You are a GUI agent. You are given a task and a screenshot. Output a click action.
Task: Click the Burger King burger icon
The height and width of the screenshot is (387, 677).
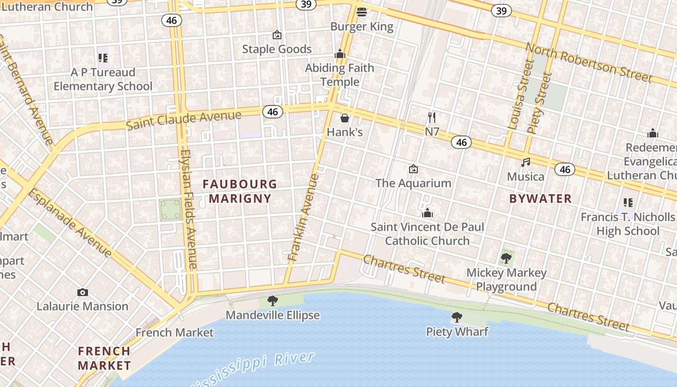coord(362,12)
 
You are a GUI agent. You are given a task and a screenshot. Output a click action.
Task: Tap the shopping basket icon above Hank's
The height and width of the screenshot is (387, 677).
coord(345,118)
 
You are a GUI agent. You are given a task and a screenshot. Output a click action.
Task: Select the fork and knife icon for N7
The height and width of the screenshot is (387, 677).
coord(432,117)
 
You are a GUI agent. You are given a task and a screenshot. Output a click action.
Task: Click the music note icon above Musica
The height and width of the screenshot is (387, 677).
coord(526,163)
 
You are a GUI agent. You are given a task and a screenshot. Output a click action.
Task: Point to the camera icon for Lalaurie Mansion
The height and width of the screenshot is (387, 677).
coord(83,292)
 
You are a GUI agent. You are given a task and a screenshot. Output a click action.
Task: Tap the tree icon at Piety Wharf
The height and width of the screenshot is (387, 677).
coord(456,317)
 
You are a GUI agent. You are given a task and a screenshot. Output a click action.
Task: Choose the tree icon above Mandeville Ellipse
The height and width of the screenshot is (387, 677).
coord(273,301)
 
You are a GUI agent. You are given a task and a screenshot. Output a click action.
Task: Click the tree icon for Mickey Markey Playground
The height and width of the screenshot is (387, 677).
coord(506,258)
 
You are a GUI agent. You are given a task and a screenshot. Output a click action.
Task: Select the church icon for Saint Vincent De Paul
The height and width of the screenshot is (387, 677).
coord(427,213)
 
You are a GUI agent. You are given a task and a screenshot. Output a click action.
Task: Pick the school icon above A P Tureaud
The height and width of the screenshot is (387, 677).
coord(103,58)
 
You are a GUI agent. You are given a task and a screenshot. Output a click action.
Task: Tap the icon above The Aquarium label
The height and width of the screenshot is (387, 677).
coord(413,169)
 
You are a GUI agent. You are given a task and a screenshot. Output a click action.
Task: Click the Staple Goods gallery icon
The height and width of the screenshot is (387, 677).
coord(277,35)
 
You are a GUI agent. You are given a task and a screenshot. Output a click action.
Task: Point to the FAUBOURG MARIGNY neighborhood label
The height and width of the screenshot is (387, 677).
coord(240,191)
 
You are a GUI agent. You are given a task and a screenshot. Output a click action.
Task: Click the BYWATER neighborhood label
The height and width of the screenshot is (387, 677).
coord(541,198)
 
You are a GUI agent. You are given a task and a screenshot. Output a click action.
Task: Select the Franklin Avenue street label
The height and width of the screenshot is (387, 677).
coord(304,218)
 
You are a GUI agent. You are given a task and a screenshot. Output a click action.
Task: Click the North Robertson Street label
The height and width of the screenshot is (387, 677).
coord(589,63)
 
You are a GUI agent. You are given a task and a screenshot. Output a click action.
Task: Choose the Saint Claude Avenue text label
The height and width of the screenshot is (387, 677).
coord(183,120)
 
